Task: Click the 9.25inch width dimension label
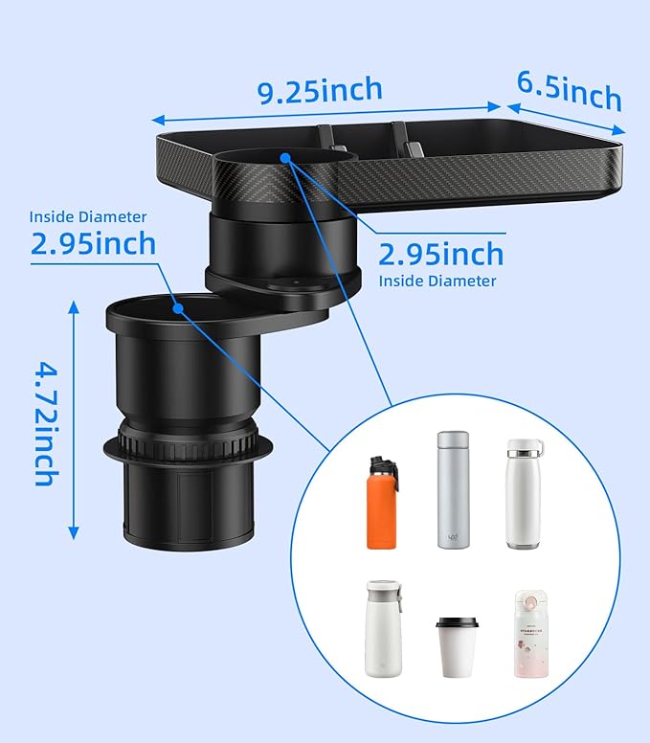[321, 92]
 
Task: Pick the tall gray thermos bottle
[453, 489]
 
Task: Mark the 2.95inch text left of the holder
[92, 243]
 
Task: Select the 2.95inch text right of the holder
[441, 255]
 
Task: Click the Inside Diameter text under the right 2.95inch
[437, 281]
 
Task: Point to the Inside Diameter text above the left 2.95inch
[88, 217]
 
